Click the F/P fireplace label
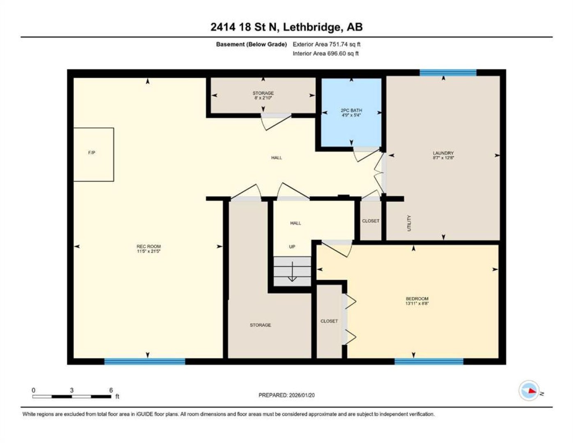click(x=92, y=153)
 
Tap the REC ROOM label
click(x=149, y=247)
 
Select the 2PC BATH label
click(x=351, y=110)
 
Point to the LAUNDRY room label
click(x=443, y=153)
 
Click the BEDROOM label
click(x=417, y=299)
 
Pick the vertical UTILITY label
click(x=409, y=223)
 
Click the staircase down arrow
click(x=292, y=271)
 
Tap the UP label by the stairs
click(x=292, y=247)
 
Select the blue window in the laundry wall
click(x=448, y=73)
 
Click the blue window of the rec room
click(x=145, y=361)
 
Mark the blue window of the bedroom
click(x=429, y=361)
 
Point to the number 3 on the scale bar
click(x=71, y=390)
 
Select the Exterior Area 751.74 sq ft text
click(x=326, y=44)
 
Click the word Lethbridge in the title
click(x=312, y=27)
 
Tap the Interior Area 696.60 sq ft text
click(x=325, y=53)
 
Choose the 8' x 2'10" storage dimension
click(x=263, y=98)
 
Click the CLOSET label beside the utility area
click(x=371, y=221)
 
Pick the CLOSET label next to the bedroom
click(x=329, y=321)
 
